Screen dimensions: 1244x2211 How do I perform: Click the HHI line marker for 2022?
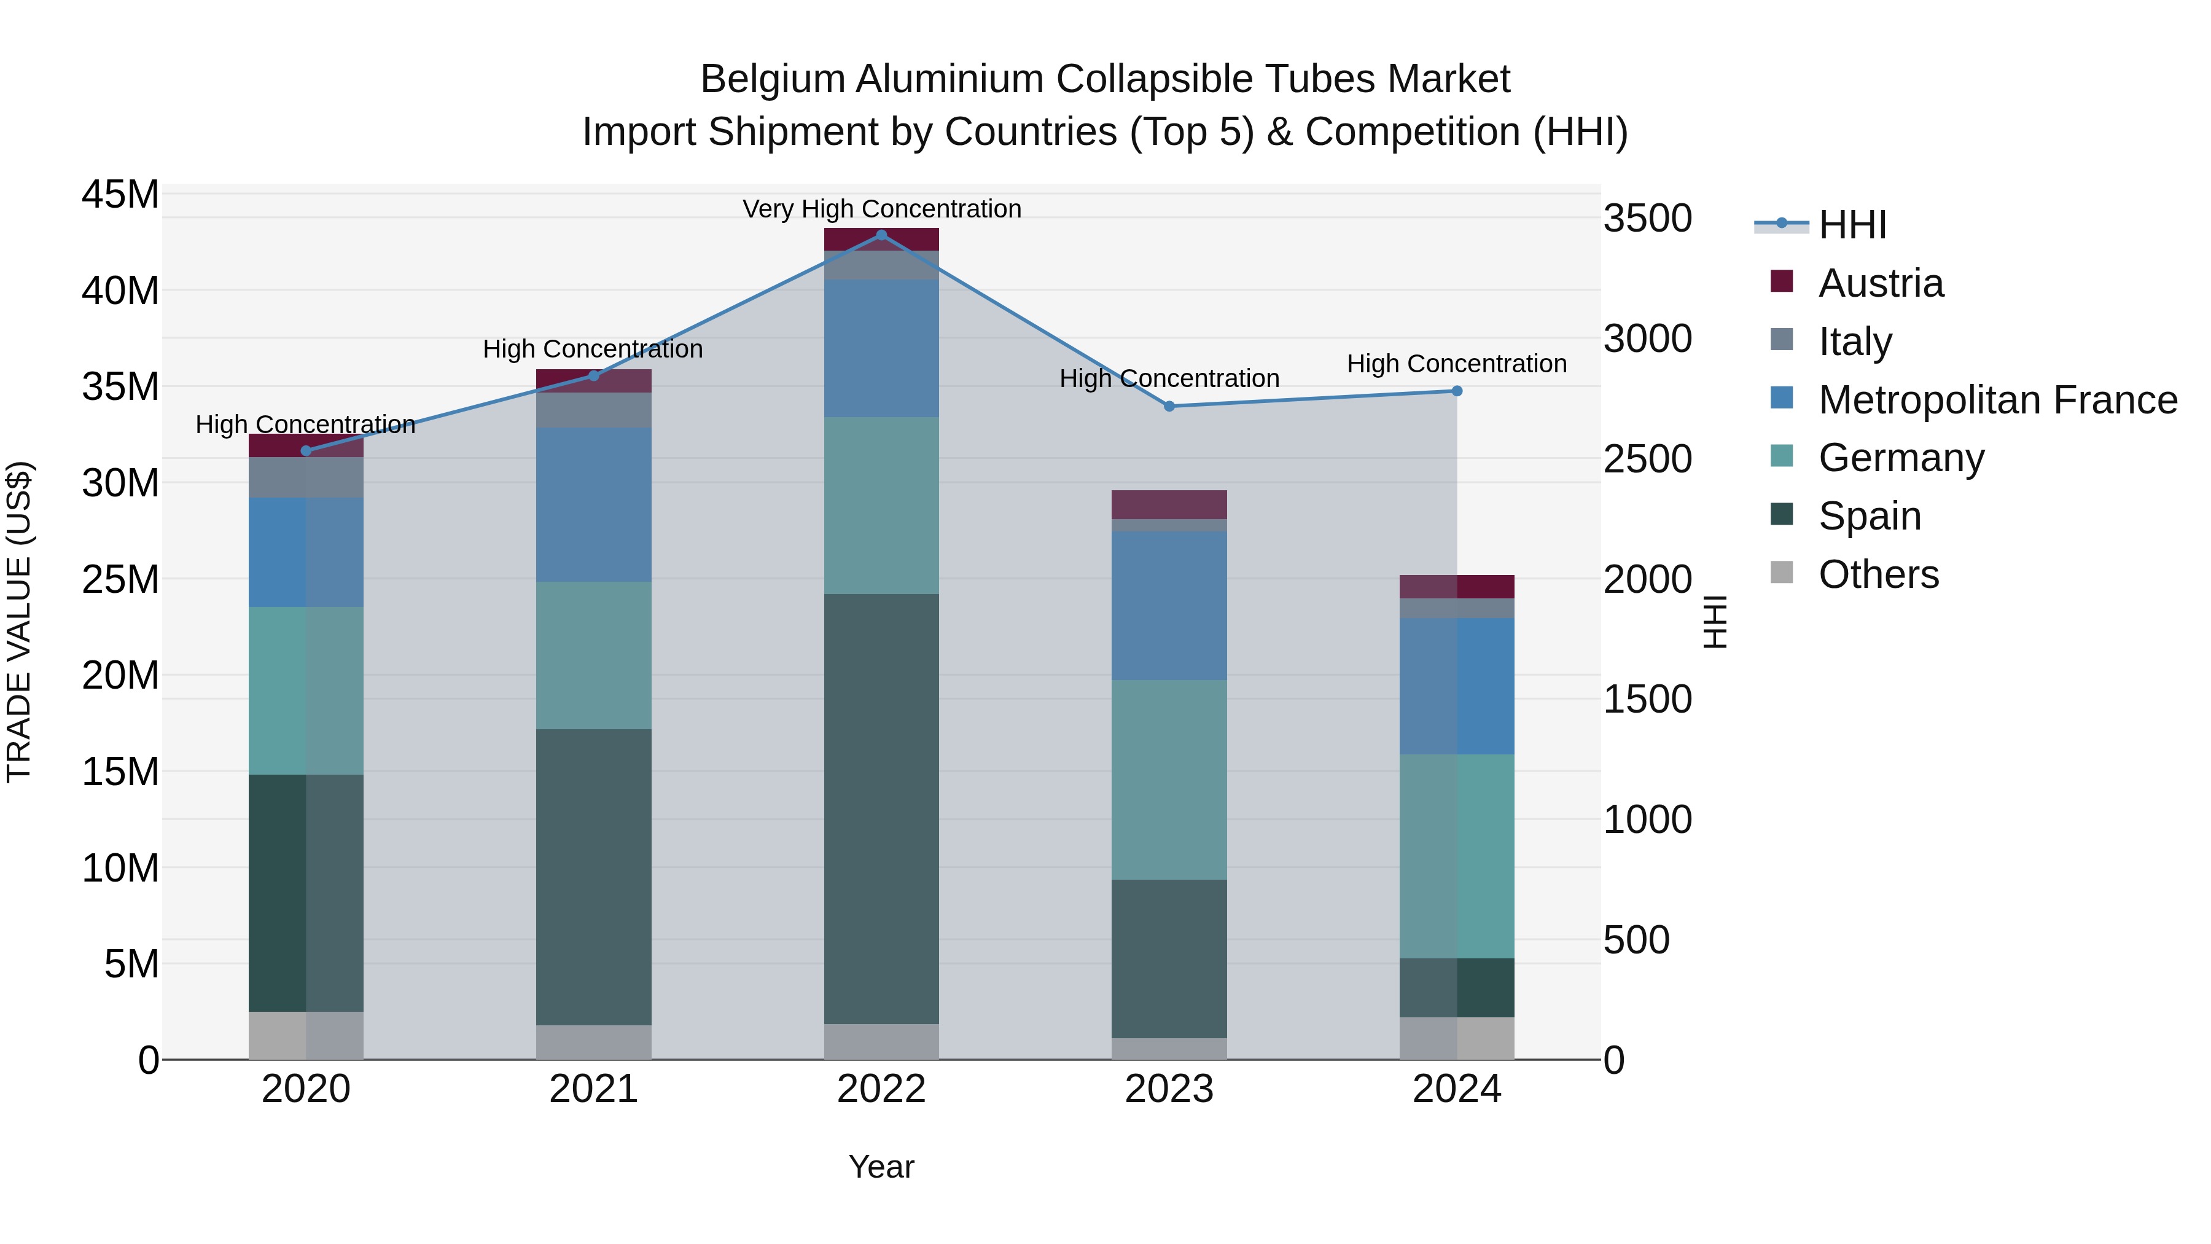coord(881,235)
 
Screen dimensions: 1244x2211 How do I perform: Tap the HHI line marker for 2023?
coord(1169,406)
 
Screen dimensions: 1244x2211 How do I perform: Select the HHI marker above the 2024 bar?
coord(1457,391)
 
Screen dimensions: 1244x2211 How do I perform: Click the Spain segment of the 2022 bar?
coord(881,808)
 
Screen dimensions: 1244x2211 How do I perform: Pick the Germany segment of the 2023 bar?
coord(1169,780)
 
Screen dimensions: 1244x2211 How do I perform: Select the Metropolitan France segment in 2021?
coord(593,505)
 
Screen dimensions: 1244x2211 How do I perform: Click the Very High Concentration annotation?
coord(881,209)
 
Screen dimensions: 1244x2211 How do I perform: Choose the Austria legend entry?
coord(1880,283)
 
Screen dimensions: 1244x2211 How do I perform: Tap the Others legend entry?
coord(1878,574)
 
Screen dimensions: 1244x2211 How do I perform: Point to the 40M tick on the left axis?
coord(120,291)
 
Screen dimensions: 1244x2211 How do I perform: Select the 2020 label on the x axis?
coord(306,1089)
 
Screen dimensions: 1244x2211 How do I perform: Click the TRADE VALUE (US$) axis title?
coord(19,622)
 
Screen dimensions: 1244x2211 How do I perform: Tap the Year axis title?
coord(881,1167)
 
